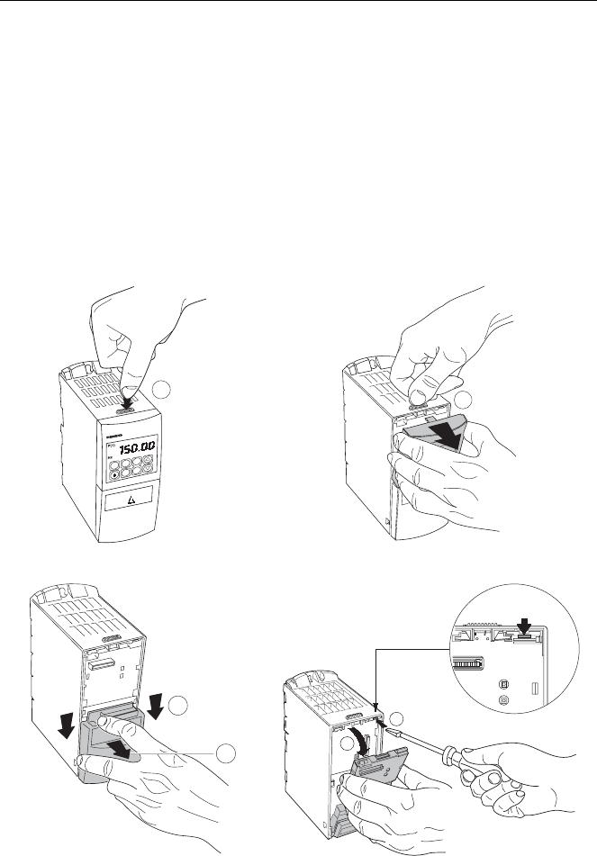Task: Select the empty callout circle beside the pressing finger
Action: click(x=159, y=390)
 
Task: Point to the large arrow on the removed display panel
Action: click(x=432, y=436)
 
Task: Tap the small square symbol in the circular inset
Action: click(x=502, y=683)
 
